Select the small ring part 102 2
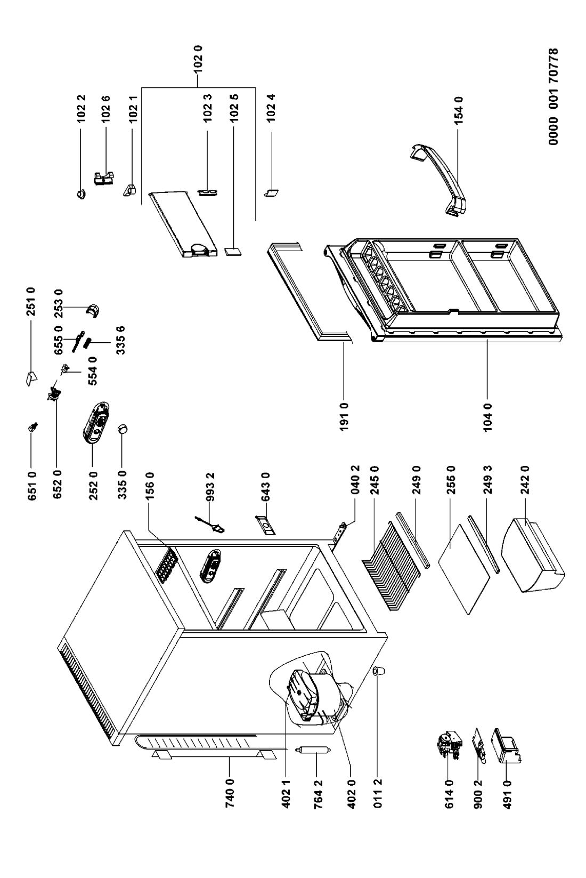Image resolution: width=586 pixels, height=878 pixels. pos(82,194)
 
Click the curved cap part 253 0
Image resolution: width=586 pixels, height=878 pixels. pos(94,310)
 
